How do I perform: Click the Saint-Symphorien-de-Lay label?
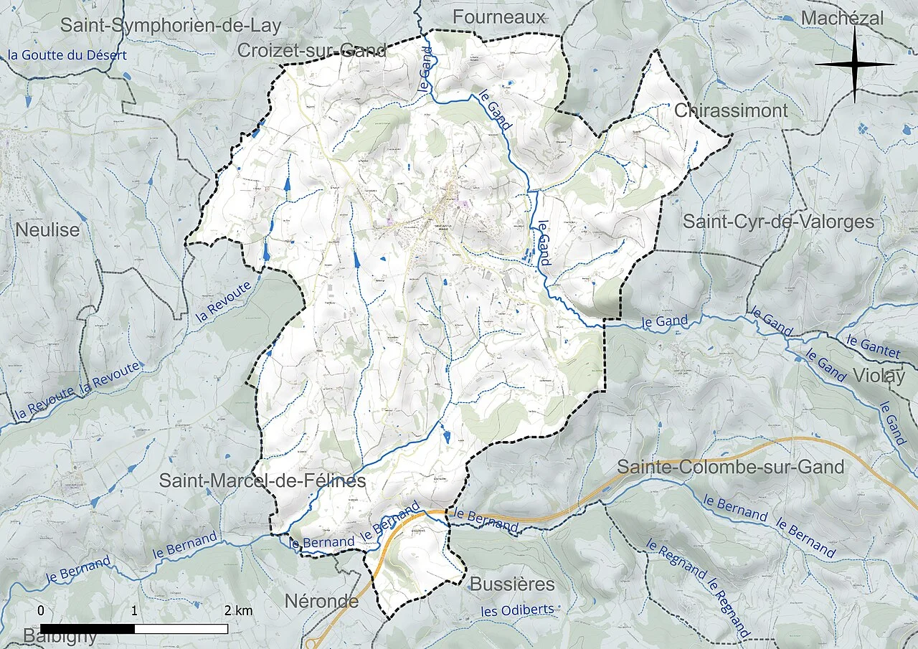coord(171,25)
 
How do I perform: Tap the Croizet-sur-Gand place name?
coord(312,50)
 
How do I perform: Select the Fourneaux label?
coord(499,16)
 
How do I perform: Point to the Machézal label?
coord(842,18)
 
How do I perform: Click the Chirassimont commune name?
coord(731,110)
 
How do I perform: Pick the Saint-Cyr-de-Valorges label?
coord(778,222)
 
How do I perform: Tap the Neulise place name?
coord(47,230)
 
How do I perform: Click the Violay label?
coord(879,375)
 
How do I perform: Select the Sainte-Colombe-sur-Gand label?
coord(730,467)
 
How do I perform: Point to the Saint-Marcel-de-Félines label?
coord(262,480)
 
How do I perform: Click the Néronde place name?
coord(321,601)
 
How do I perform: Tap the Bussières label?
coord(512,584)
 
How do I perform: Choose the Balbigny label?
coord(60,636)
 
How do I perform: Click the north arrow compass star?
coord(855,65)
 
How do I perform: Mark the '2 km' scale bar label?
coord(239,611)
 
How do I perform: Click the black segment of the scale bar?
coord(87,629)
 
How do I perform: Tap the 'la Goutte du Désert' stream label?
coord(67,55)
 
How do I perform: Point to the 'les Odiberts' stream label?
coord(517,610)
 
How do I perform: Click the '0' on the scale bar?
coord(41,611)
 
